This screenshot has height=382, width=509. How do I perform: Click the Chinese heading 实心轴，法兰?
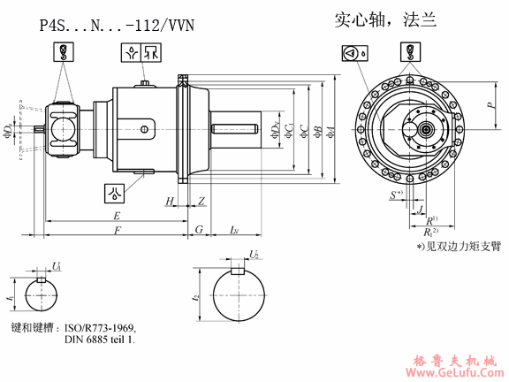pyautogui.click(x=385, y=19)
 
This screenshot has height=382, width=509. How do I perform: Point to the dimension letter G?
pyautogui.click(x=199, y=231)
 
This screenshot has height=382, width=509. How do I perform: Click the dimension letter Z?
pyautogui.click(x=201, y=202)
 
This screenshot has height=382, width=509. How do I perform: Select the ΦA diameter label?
pyautogui.click(x=330, y=132)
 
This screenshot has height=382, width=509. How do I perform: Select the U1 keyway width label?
pyautogui.click(x=57, y=265)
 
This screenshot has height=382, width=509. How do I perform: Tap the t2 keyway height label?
pyautogui.click(x=196, y=298)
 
